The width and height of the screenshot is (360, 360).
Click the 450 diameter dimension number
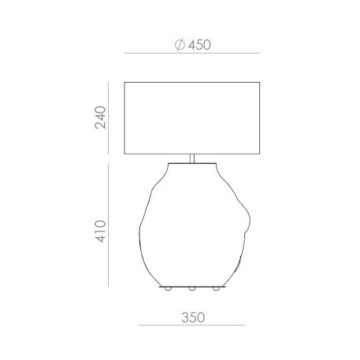199,45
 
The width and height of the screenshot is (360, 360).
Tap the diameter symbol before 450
180,45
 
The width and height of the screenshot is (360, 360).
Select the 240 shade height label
100,117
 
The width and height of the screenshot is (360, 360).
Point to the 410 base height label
100,232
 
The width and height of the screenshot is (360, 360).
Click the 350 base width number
193,317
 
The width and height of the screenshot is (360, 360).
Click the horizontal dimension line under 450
192,54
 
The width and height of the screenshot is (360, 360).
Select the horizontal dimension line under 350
191,325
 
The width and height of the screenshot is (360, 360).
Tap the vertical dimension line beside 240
108,118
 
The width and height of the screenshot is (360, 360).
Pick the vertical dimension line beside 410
108,225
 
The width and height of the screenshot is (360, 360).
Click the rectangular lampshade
192,118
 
